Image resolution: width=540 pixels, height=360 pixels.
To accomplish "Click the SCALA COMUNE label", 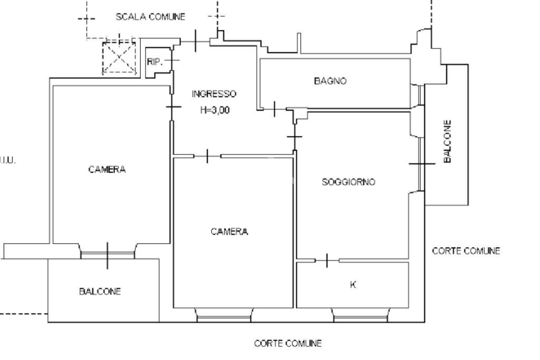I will pos(150,17).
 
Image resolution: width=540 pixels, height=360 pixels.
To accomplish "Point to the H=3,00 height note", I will pos(215,111).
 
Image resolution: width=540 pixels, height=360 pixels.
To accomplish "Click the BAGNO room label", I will pos(330,81).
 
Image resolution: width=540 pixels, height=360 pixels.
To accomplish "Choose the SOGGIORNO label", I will pos(348,182).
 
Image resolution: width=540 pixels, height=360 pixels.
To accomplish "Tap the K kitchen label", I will pos(353,285).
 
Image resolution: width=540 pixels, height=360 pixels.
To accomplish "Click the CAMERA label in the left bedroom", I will pos(107,169).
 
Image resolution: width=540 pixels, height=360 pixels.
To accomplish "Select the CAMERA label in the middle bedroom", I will pos(229,231).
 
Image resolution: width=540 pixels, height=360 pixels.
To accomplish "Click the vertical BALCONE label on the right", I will pos(447,141).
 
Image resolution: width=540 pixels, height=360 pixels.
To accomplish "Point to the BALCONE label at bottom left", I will pos(100,291).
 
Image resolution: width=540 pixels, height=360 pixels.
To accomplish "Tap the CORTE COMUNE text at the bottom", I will pos(287,344).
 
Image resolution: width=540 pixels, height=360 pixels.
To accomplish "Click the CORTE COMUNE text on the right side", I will pos(466,251).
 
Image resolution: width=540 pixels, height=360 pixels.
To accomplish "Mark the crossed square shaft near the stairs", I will pos(119,57).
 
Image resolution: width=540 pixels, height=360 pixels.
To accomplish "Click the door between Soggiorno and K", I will pos(327,260).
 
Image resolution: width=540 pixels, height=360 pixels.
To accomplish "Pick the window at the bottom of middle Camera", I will pos(224,316).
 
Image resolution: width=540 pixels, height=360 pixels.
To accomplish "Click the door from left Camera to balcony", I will pos(108,254).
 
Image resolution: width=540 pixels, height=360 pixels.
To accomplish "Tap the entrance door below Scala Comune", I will pos(196,41).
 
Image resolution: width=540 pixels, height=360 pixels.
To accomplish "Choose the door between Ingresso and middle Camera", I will pos(208,155).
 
